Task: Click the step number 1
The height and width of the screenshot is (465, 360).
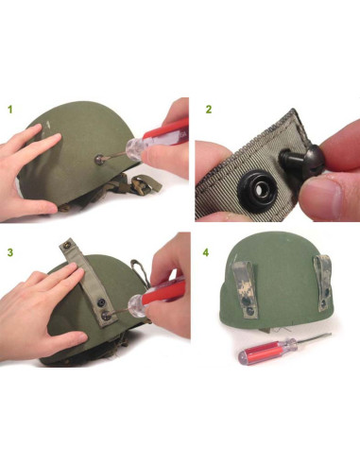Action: pos(10,110)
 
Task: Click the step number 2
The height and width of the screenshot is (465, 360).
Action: pos(207,110)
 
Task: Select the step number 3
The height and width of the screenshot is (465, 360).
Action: pos(10,251)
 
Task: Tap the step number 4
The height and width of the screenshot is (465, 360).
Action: pos(207,251)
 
